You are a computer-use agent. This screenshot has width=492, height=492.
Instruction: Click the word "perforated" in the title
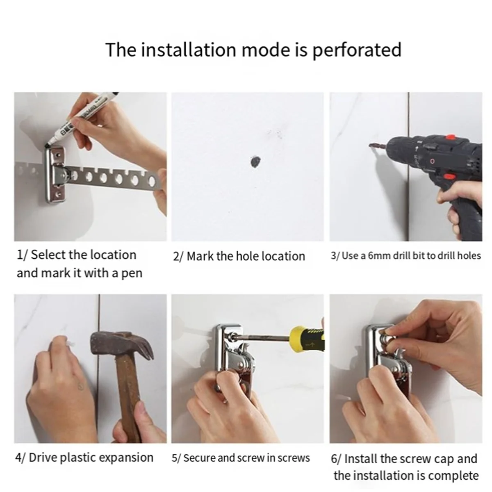(357, 50)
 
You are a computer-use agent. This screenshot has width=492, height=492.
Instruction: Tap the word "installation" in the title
(188, 50)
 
